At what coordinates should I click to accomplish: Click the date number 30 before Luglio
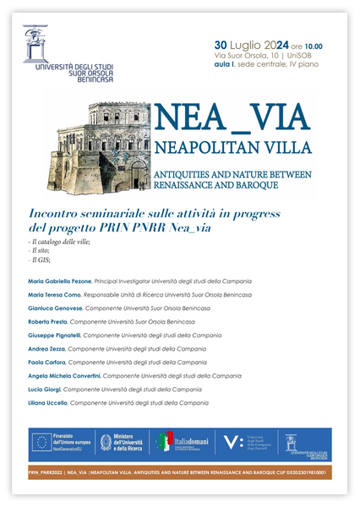point(221,45)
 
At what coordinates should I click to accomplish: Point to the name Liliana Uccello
point(47,403)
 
